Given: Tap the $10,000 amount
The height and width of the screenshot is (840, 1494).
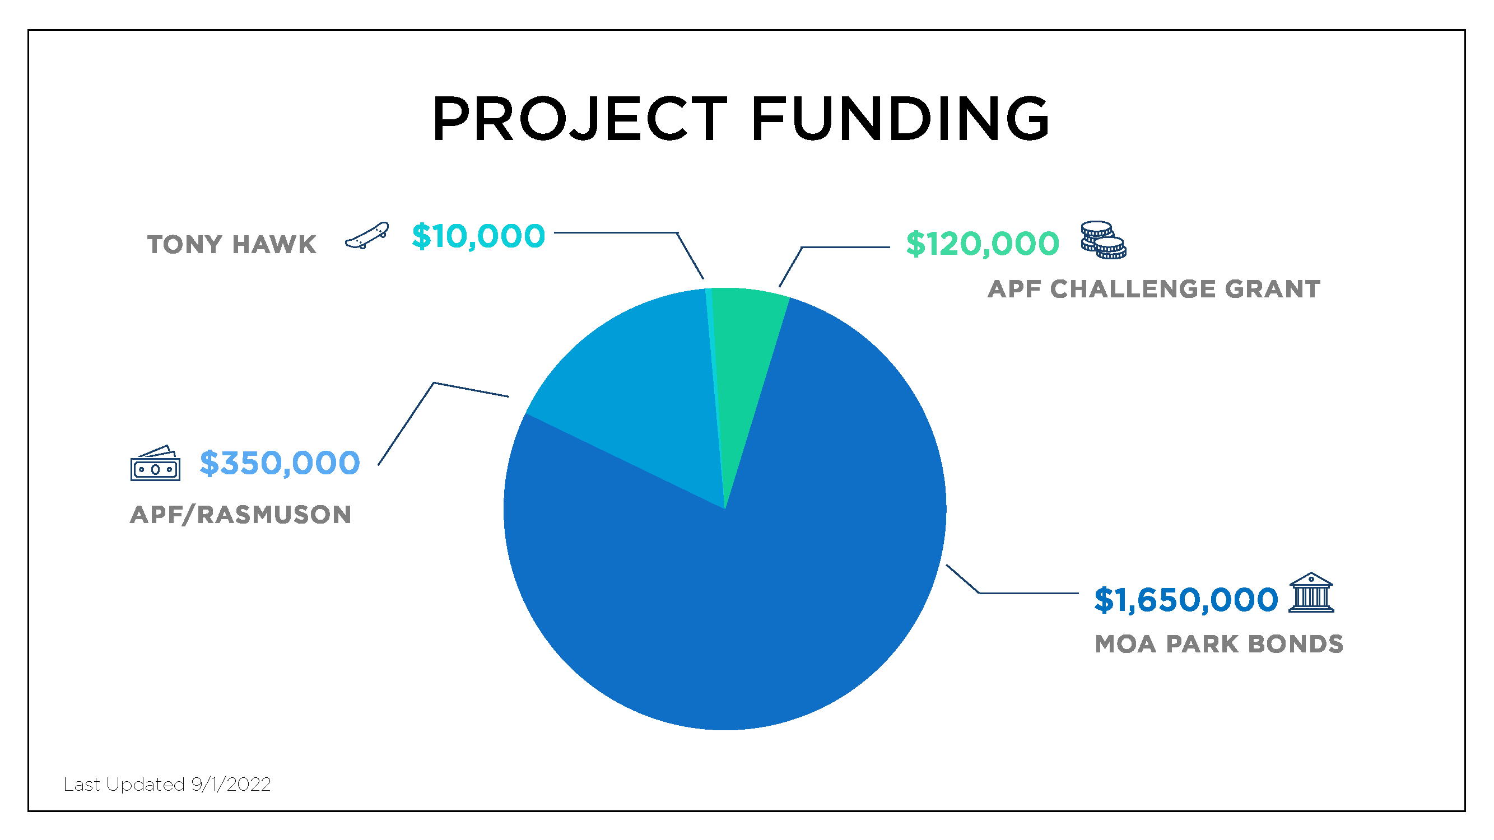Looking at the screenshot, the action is tap(478, 236).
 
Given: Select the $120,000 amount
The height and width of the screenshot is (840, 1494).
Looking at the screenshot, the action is tap(983, 243).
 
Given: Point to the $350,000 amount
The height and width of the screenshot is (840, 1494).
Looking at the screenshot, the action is tap(280, 463).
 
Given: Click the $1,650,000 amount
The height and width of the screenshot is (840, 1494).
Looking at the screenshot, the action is tap(1185, 599).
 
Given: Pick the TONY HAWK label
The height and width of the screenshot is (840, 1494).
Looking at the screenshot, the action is tap(231, 244).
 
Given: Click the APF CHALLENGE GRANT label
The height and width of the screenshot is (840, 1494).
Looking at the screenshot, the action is tap(1153, 289).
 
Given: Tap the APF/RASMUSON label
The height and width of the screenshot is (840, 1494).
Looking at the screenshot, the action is tap(241, 514).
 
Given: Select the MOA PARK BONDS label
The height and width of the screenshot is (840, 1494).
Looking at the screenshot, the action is tap(1218, 643).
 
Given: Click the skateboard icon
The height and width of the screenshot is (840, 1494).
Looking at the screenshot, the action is tap(366, 235).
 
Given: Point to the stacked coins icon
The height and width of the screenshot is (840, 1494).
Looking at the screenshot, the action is tap(1103, 240).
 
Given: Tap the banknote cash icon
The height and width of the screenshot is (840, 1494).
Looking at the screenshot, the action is tap(155, 463).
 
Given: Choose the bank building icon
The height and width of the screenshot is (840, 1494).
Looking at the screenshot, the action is tap(1311, 592).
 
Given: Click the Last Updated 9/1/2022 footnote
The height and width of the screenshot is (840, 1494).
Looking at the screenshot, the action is tap(167, 785).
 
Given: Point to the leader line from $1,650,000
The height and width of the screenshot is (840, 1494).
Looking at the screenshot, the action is tap(1003, 593).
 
